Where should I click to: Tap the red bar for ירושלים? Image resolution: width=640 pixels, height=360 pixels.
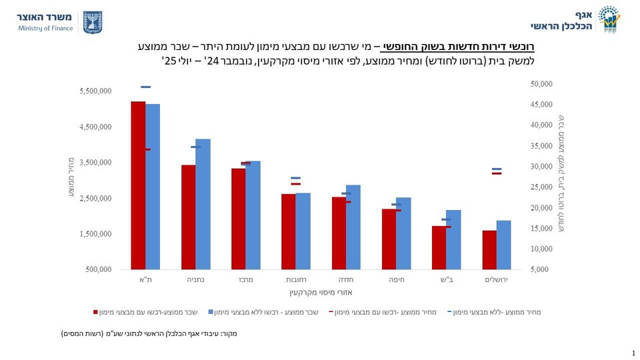489,250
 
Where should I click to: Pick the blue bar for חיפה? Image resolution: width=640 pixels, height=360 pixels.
403,233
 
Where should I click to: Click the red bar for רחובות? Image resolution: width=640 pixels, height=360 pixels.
288,231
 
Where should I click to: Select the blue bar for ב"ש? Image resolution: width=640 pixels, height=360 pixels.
453,239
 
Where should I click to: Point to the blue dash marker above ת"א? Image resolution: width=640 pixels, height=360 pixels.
145,87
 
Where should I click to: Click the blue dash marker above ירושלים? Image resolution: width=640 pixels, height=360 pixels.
497,169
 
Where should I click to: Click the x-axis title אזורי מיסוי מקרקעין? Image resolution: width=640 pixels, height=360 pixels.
321,292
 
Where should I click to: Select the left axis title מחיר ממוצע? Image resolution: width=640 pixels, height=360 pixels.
71,180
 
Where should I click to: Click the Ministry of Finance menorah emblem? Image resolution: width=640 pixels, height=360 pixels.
92,22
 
